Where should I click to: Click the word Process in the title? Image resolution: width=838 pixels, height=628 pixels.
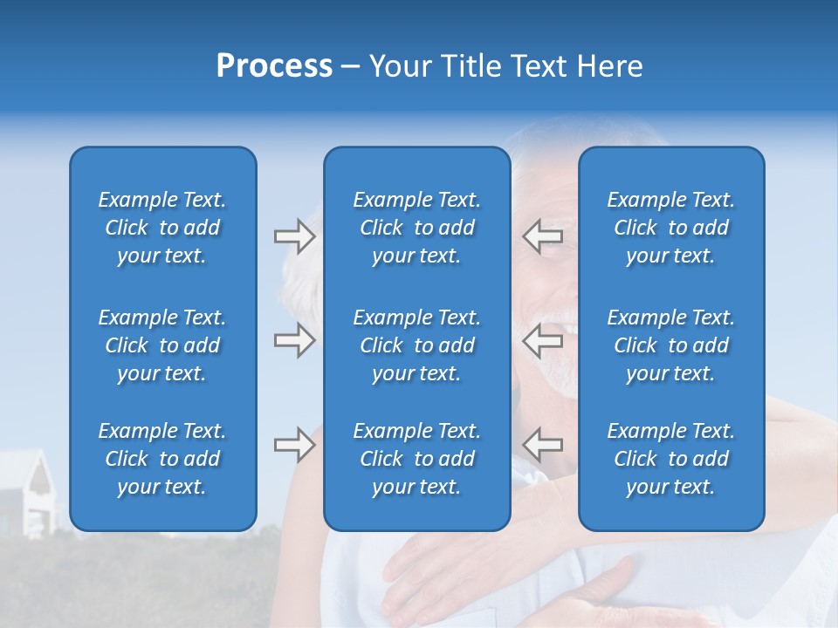pyautogui.click(x=274, y=66)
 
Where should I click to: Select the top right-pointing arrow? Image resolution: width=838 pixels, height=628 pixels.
pyautogui.click(x=294, y=236)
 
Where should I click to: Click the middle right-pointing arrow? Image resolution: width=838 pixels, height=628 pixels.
pyautogui.click(x=294, y=340)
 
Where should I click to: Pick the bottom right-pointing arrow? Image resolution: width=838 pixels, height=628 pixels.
pyautogui.click(x=294, y=445)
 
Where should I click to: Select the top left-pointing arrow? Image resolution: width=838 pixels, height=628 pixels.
pyautogui.click(x=543, y=236)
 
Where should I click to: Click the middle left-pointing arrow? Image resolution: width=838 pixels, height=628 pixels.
pyautogui.click(x=543, y=340)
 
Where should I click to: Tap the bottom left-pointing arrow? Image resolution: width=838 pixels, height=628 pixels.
pyautogui.click(x=543, y=445)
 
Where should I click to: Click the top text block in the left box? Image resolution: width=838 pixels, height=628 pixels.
pyautogui.click(x=162, y=228)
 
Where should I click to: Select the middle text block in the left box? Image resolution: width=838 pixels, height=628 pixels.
pyautogui.click(x=162, y=345)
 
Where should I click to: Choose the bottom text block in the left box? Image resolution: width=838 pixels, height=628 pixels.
pyautogui.click(x=162, y=459)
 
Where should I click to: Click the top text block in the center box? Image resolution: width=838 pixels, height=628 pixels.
pyautogui.click(x=416, y=228)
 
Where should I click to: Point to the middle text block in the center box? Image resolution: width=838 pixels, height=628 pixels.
pyautogui.click(x=416, y=345)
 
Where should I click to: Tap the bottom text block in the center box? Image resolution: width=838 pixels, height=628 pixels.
pyautogui.click(x=416, y=459)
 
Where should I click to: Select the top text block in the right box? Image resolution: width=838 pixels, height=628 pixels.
pyautogui.click(x=670, y=228)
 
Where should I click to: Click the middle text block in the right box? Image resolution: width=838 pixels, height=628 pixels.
pyautogui.click(x=670, y=345)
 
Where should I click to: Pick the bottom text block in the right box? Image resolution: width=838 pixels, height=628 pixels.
pyautogui.click(x=670, y=459)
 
